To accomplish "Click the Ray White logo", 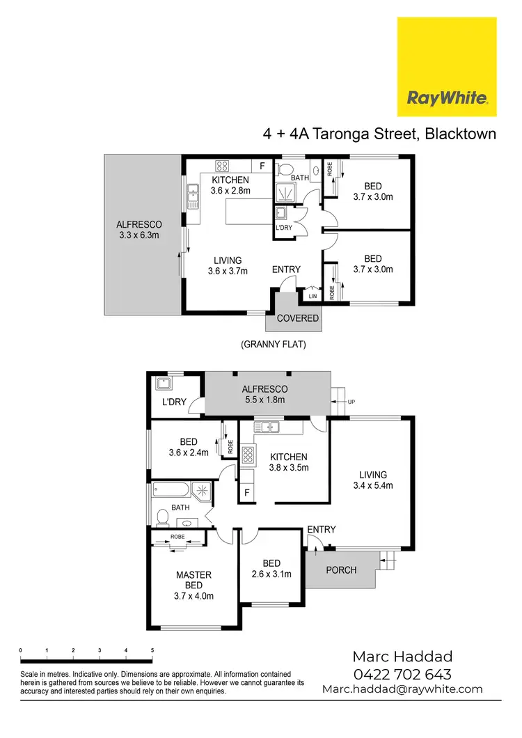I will click(x=447, y=67).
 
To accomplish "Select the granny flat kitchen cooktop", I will click(x=223, y=166).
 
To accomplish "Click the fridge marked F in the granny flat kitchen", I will click(x=262, y=166).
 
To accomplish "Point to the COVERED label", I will click(x=298, y=318).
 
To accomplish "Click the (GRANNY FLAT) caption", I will click(x=274, y=344).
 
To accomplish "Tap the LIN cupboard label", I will click(x=311, y=295).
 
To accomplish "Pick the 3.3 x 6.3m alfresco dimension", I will click(x=139, y=235).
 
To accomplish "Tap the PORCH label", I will click(x=341, y=570).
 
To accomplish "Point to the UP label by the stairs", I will click(x=351, y=402).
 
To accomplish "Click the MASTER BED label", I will click(x=193, y=580).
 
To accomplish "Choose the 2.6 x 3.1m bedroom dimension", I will click(x=271, y=574).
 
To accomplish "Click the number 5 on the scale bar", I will click(x=152, y=650).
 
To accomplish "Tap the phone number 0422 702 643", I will click(x=402, y=674).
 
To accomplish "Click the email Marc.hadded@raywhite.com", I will click(x=402, y=689).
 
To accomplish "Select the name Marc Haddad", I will click(x=402, y=656).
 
